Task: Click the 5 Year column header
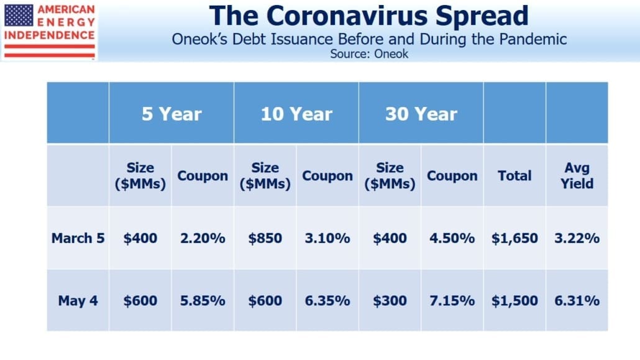(x=171, y=114)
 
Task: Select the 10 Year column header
(x=296, y=114)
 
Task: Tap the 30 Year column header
(x=421, y=114)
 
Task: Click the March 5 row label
(x=78, y=238)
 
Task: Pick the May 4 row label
(x=78, y=300)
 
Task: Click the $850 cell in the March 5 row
(x=265, y=238)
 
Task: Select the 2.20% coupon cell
(x=203, y=238)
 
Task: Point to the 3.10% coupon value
(x=327, y=238)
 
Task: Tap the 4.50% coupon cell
(x=452, y=238)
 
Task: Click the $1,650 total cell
(x=514, y=238)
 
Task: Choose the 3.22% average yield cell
(x=577, y=238)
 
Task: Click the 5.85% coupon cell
(x=203, y=300)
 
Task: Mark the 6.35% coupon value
(x=327, y=300)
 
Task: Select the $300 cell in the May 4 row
(x=390, y=300)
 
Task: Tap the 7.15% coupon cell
(x=452, y=300)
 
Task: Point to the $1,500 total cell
(x=514, y=300)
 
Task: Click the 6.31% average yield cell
(x=577, y=300)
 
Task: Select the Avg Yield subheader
(x=577, y=175)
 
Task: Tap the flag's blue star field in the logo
(x=19, y=16)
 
